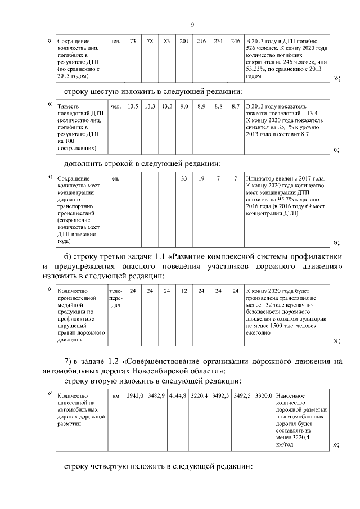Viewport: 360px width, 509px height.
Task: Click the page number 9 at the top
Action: pos(192,25)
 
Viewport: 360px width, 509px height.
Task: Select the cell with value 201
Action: pos(183,42)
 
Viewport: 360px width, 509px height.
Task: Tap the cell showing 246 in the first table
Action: pos(236,42)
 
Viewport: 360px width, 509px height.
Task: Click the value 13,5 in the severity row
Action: pos(133,106)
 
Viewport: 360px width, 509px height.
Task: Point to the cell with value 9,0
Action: pos(183,106)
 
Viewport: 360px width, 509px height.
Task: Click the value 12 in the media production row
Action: pos(183,291)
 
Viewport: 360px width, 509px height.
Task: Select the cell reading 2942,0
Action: pos(136,396)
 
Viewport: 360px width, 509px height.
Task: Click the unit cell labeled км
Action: pos(116,396)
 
